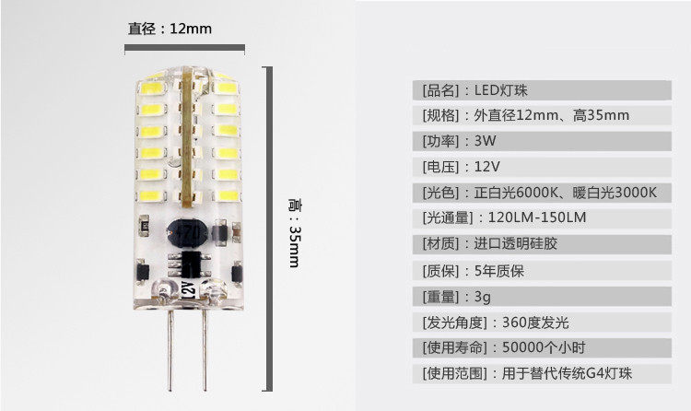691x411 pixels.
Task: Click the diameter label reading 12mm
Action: (170, 29)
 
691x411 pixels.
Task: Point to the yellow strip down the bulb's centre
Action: (185, 138)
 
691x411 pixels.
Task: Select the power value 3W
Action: (487, 142)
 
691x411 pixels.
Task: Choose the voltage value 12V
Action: (489, 168)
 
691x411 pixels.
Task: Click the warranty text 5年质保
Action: (498, 271)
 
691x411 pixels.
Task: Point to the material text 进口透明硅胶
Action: (517, 244)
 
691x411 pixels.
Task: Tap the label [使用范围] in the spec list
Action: (448, 374)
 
